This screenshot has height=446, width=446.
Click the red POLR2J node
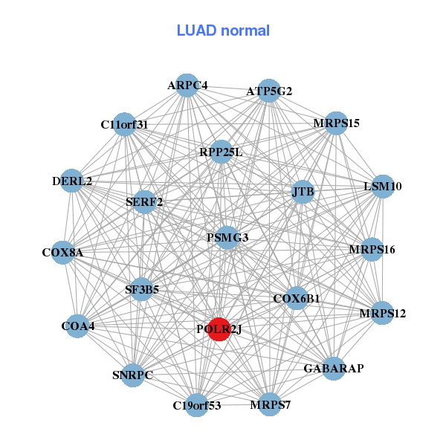click(219, 329)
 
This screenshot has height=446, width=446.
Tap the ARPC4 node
click(187, 85)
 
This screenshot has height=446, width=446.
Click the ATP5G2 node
click(268, 91)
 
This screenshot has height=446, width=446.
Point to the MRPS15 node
click(336, 123)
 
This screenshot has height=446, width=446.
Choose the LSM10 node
click(381, 186)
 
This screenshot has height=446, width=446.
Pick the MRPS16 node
click(372, 249)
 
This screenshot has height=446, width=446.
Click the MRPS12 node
click(382, 313)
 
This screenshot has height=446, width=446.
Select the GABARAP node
click(334, 368)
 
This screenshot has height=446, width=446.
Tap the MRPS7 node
click(270, 404)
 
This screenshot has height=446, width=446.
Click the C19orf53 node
click(196, 405)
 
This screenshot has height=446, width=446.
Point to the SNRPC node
click(133, 375)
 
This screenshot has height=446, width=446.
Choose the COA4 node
click(78, 326)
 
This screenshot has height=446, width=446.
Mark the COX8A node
click(63, 253)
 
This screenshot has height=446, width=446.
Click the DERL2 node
click(72, 181)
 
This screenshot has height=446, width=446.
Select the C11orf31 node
click(125, 124)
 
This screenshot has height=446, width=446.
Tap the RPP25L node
click(221, 152)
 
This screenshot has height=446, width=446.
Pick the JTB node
click(303, 192)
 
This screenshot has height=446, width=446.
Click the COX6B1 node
click(297, 299)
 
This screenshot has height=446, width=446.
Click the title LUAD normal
click(223, 30)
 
